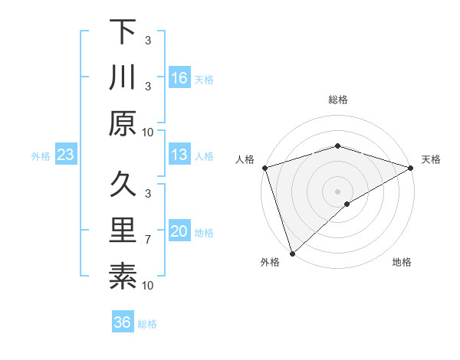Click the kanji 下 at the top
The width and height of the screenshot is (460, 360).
pyautogui.click(x=123, y=32)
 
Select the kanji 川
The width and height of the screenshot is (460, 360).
pyautogui.click(x=123, y=78)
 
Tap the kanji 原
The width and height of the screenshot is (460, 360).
pyautogui.click(x=123, y=123)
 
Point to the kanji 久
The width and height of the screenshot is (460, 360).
pyautogui.click(x=123, y=185)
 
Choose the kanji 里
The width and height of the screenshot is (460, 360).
pyautogui.click(x=123, y=231)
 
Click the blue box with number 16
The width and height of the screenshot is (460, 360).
pyautogui.click(x=179, y=77)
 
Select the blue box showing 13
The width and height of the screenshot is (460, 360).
pyautogui.click(x=179, y=155)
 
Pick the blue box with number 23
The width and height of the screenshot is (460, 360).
pyautogui.click(x=65, y=155)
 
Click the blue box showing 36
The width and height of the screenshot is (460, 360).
pyautogui.click(x=123, y=322)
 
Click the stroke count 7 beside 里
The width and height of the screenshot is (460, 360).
pyautogui.click(x=148, y=240)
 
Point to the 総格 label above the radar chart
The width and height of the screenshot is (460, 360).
pyautogui.click(x=337, y=100)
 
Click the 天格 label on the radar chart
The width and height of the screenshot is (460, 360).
pyautogui.click(x=431, y=159)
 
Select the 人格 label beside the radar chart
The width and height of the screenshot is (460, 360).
pyautogui.click(x=245, y=159)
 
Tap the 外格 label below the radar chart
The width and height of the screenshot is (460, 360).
pyautogui.click(x=269, y=263)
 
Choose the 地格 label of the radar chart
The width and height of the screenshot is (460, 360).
pyautogui.click(x=402, y=263)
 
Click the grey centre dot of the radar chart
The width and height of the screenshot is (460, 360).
pyautogui.click(x=337, y=190)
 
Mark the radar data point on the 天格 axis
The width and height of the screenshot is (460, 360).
pyautogui.click(x=411, y=167)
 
